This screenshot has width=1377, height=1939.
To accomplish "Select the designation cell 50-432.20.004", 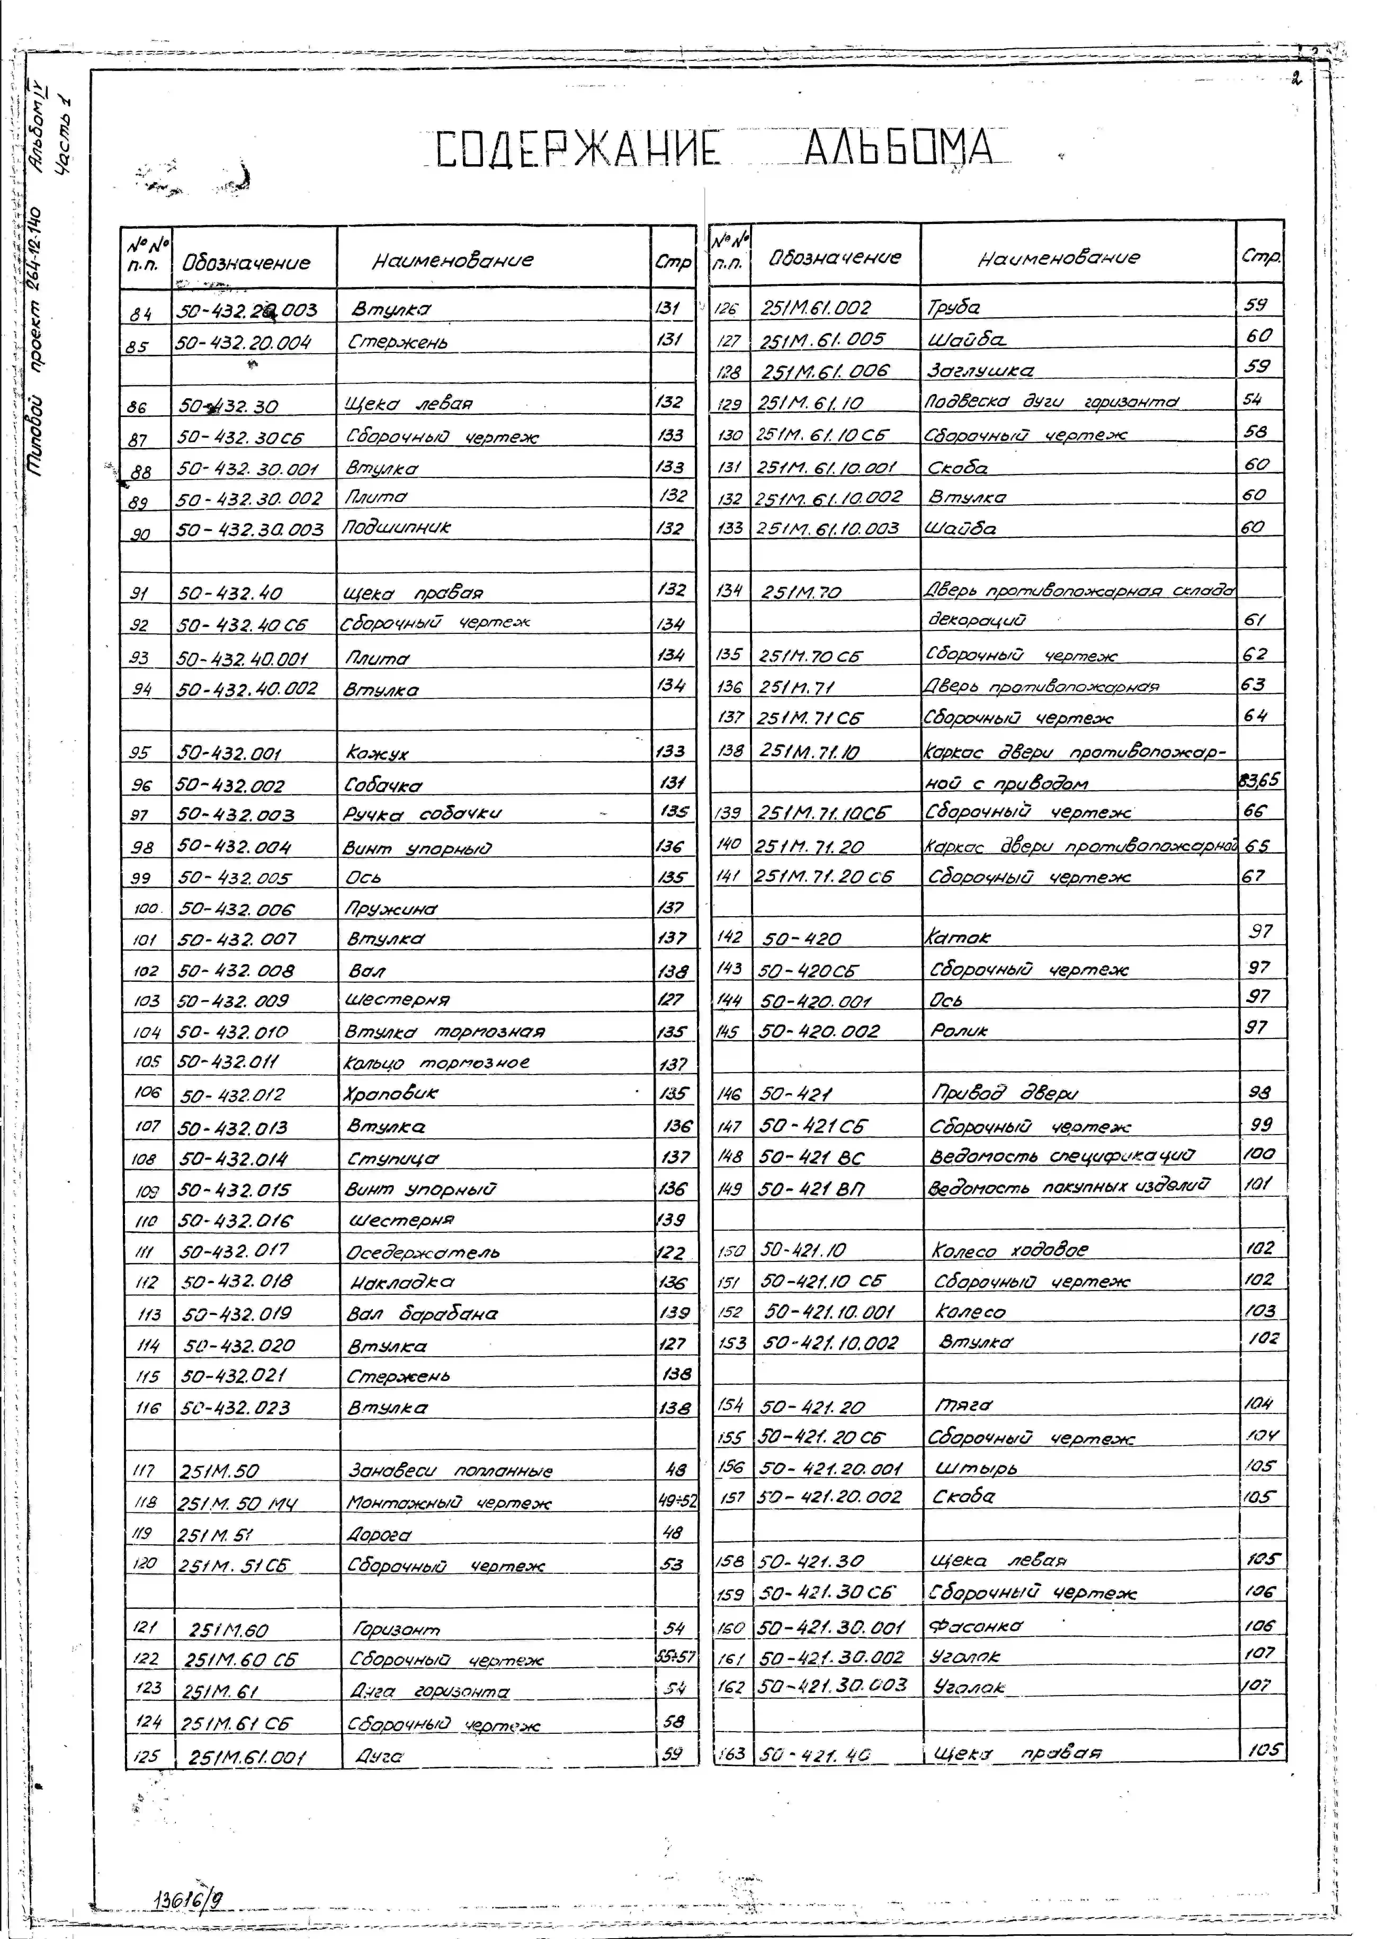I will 244,343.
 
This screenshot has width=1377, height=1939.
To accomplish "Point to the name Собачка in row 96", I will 383,785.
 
